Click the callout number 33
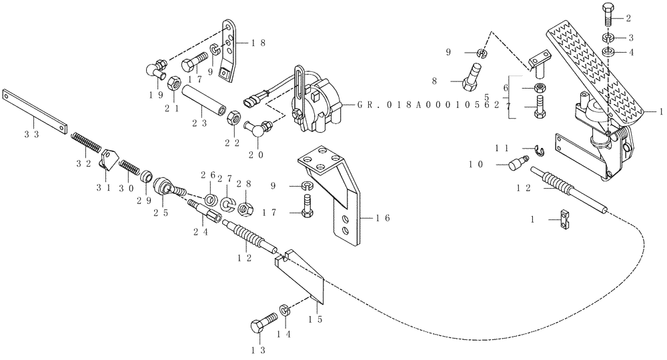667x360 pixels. click(31, 134)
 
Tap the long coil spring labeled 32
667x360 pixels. click(85, 143)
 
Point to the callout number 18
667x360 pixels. click(259, 41)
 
